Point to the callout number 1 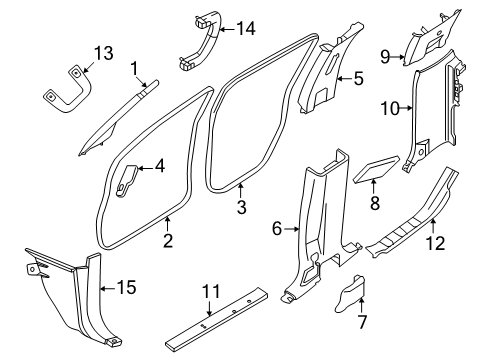tap(133, 67)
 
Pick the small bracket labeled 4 tap(126, 178)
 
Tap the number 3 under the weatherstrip tap(241, 208)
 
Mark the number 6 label tap(277, 230)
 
